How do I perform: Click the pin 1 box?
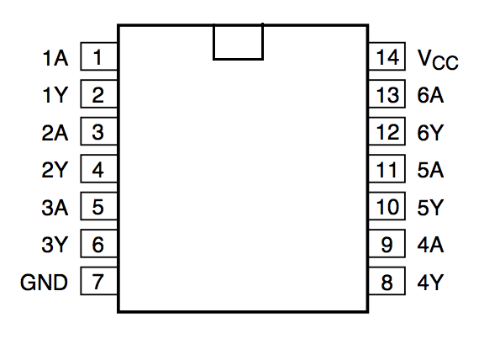tap(99, 56)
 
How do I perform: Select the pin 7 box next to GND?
tap(99, 281)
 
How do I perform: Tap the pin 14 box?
tap(387, 56)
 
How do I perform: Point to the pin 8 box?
tap(387, 281)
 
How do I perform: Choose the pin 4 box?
tap(99, 168)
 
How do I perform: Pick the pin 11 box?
tap(387, 168)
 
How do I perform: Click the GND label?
tap(44, 282)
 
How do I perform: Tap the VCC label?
tap(438, 60)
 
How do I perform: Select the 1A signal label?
tap(55, 58)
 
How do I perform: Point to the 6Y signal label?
tap(430, 133)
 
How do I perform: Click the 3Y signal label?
tap(55, 245)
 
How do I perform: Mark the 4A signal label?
tap(430, 245)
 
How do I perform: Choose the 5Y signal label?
tap(430, 208)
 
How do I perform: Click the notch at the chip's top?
tap(238, 59)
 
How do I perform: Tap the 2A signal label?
tap(55, 133)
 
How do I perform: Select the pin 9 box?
tap(387, 243)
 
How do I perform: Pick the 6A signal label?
tap(430, 95)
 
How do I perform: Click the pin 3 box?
tap(99, 131)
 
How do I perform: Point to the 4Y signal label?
tap(430, 282)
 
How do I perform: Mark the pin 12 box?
tap(387, 131)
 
